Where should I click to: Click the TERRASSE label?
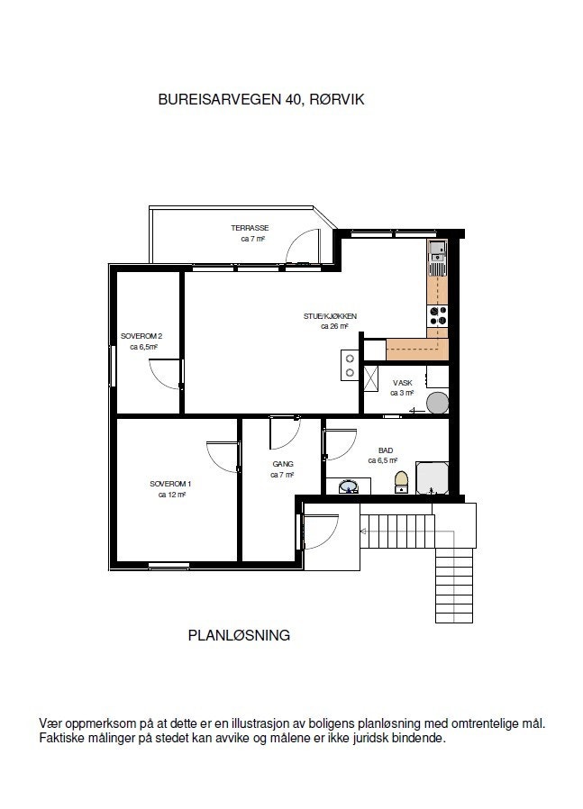250,228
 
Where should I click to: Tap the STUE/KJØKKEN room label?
331,316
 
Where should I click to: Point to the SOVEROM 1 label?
170,484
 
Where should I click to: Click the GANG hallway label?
282,465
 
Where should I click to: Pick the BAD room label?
386,449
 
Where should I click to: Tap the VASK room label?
402,383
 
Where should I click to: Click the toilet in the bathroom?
402,482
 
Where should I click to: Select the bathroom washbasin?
348,487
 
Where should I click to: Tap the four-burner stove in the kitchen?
438,315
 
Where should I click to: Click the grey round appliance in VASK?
436,403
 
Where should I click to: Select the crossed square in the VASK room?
370,377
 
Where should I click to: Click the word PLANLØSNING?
239,635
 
